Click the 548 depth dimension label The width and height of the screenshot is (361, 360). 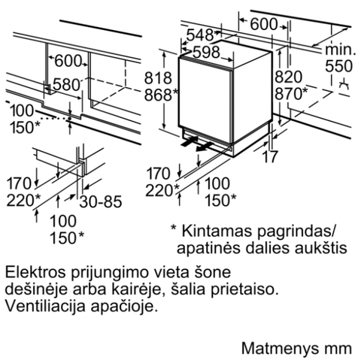[199, 35]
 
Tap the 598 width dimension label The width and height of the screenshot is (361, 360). [206, 53]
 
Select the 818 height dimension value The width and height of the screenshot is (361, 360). [158, 77]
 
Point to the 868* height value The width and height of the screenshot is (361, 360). [161, 95]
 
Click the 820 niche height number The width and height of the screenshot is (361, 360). [289, 77]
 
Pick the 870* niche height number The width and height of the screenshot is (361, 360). [291, 94]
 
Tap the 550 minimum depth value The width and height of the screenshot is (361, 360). [339, 66]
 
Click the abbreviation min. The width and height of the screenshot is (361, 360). [341, 50]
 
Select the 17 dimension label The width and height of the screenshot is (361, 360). [270, 156]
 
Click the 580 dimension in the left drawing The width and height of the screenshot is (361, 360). [66, 85]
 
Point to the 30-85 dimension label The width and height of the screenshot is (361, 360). [101, 201]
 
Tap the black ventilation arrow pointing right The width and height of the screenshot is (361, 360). [190, 141]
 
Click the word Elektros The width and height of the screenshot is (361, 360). [37, 272]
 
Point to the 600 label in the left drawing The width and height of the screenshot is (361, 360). [68, 61]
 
